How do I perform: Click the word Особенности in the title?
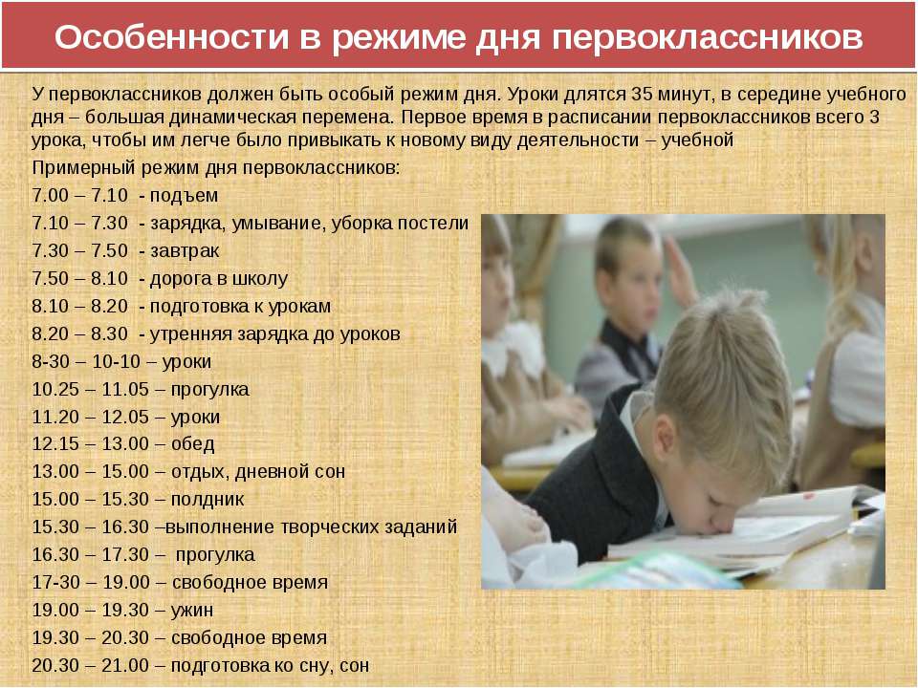pyautogui.click(x=172, y=37)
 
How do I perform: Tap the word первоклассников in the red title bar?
pyautogui.click(x=708, y=38)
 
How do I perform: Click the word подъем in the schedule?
pyautogui.click(x=184, y=196)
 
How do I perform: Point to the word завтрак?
pyautogui.click(x=185, y=251)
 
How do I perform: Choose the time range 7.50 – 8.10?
pyautogui.click(x=79, y=278)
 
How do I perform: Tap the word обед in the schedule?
pyautogui.click(x=192, y=443)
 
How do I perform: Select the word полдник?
pyautogui.click(x=208, y=499)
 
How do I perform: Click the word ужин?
pyautogui.click(x=192, y=611)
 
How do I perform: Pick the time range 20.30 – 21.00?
pyautogui.click(x=90, y=665)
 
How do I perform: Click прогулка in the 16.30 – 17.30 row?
pyautogui.click(x=215, y=555)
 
